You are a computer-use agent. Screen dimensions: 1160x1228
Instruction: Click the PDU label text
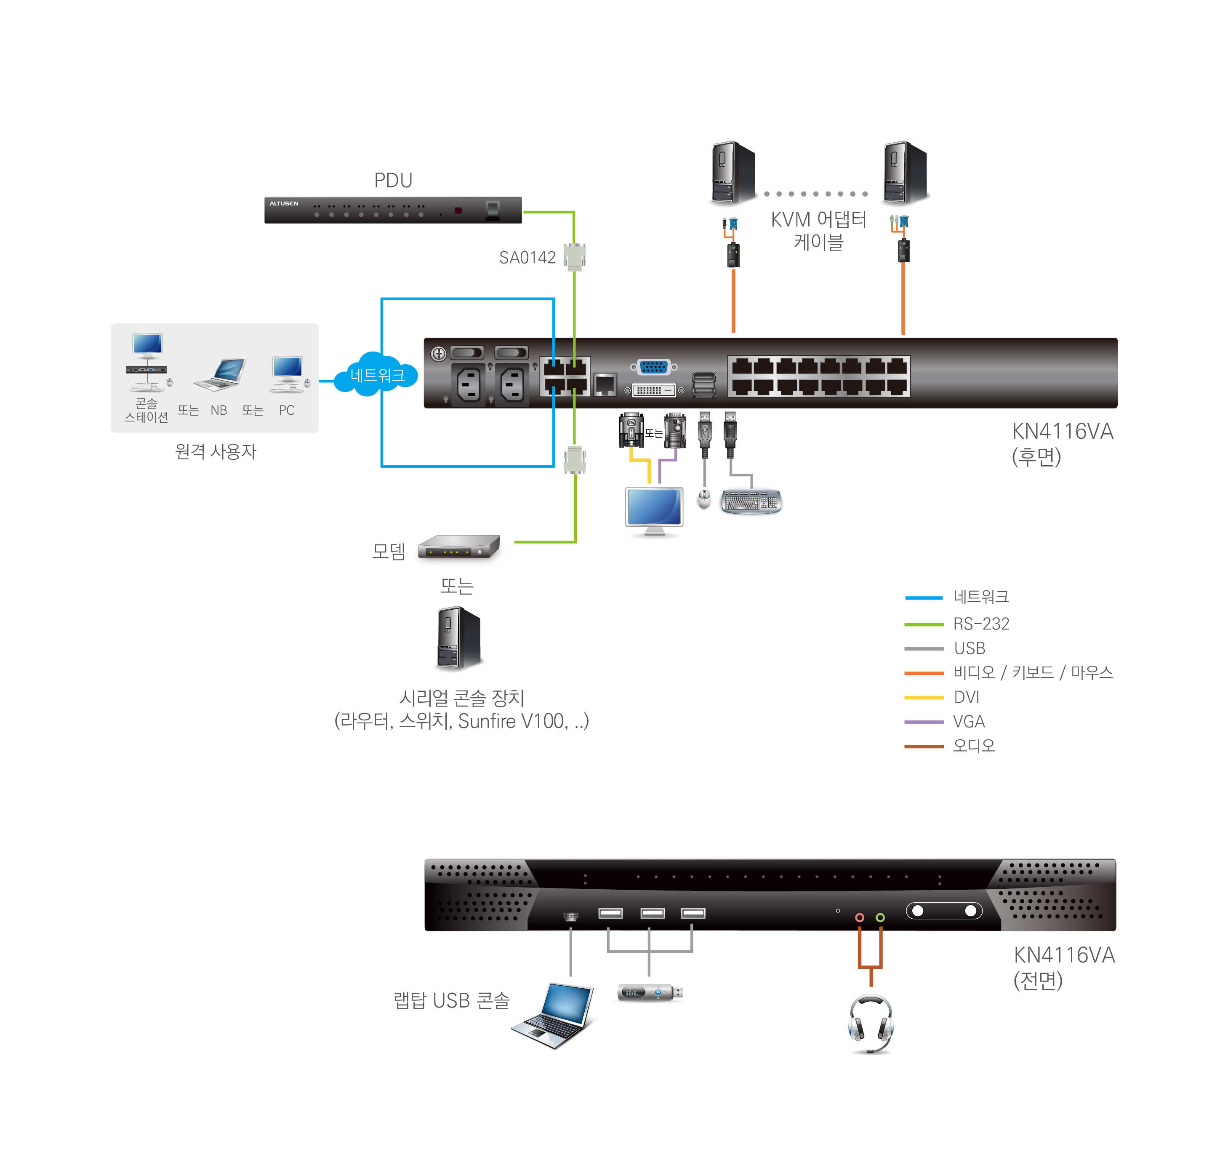pyautogui.click(x=393, y=181)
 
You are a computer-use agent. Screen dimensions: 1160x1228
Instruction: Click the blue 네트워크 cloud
pyautogui.click(x=376, y=375)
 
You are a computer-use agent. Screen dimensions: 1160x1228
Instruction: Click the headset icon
pyautogui.click(x=871, y=1023)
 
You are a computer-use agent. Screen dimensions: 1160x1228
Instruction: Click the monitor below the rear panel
pyautogui.click(x=654, y=510)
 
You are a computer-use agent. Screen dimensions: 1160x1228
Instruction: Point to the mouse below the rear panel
pyautogui.click(x=703, y=499)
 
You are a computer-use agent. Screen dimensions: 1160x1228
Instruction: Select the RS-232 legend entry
pyautogui.click(x=980, y=624)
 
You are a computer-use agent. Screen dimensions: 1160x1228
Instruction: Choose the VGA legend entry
pyautogui.click(x=968, y=722)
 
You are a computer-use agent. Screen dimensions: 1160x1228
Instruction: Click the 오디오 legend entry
pyautogui.click(x=973, y=746)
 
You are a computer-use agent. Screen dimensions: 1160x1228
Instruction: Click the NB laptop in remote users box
pyautogui.click(x=221, y=375)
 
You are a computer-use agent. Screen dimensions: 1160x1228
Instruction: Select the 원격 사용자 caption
pyautogui.click(x=215, y=451)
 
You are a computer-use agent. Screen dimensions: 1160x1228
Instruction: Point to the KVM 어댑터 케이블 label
pyautogui.click(x=818, y=230)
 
